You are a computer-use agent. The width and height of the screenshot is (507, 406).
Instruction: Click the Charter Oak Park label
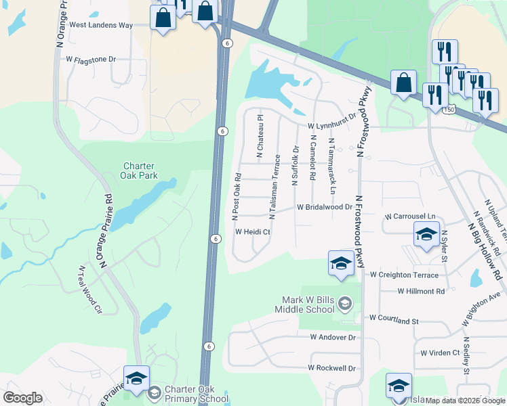pos(140,171)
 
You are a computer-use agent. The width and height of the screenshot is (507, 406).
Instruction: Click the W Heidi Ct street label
pos(253,231)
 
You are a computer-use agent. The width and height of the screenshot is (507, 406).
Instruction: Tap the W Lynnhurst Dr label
pos(332,122)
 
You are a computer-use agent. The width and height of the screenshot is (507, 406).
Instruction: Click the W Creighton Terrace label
pos(405,275)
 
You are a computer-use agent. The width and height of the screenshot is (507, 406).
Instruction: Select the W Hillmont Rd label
pos(421,291)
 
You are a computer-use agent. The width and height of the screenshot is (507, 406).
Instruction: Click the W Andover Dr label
pos(333,336)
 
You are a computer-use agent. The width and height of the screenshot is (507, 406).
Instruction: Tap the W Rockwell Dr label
pos(331,368)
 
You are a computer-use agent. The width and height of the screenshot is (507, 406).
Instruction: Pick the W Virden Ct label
pos(440,353)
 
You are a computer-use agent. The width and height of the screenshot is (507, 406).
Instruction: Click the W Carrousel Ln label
pos(409,217)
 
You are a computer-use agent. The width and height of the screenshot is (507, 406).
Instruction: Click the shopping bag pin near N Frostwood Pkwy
pos(403,83)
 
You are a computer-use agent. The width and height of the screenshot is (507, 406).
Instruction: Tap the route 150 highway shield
pos(449,108)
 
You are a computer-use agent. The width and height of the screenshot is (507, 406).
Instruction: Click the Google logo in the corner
pos(23,398)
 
